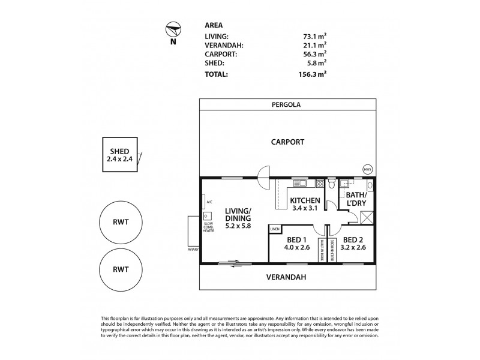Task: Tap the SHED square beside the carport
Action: pyautogui.click(x=120, y=155)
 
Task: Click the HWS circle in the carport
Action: pyautogui.click(x=367, y=170)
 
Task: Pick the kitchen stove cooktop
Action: pyautogui.click(x=319, y=182)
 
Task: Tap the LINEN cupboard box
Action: pyautogui.click(x=275, y=229)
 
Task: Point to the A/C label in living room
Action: pyautogui.click(x=209, y=202)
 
